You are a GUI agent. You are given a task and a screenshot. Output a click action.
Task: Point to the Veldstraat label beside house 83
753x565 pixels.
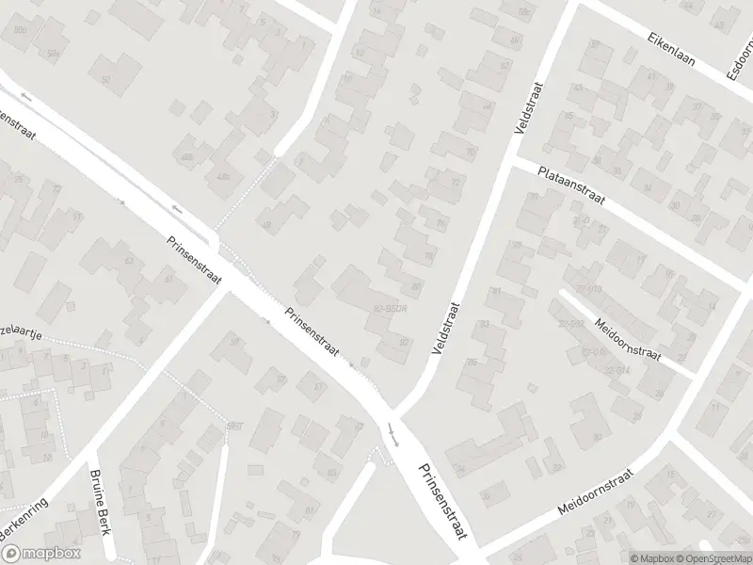point(445,327)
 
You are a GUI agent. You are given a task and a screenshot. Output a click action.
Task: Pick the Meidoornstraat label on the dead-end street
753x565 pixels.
point(629,341)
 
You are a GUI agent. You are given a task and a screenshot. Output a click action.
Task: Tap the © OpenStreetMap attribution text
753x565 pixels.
point(713,557)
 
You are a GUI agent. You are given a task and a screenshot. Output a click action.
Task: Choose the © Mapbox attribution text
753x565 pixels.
point(649,557)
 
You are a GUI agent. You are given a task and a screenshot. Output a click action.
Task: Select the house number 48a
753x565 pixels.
point(223,177)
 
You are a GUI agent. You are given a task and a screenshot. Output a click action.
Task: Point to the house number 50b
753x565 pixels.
point(21,30)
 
